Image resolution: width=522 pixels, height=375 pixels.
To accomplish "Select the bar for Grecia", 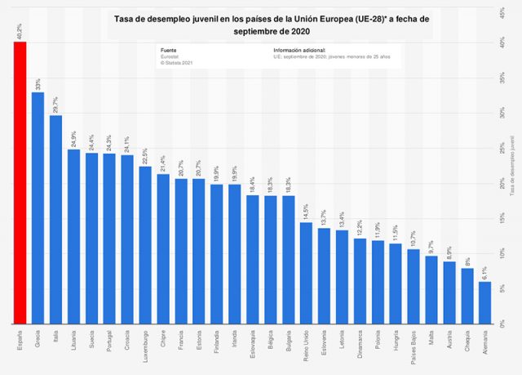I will tap(38, 208).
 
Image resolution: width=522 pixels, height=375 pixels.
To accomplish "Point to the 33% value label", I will tap(38, 83).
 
